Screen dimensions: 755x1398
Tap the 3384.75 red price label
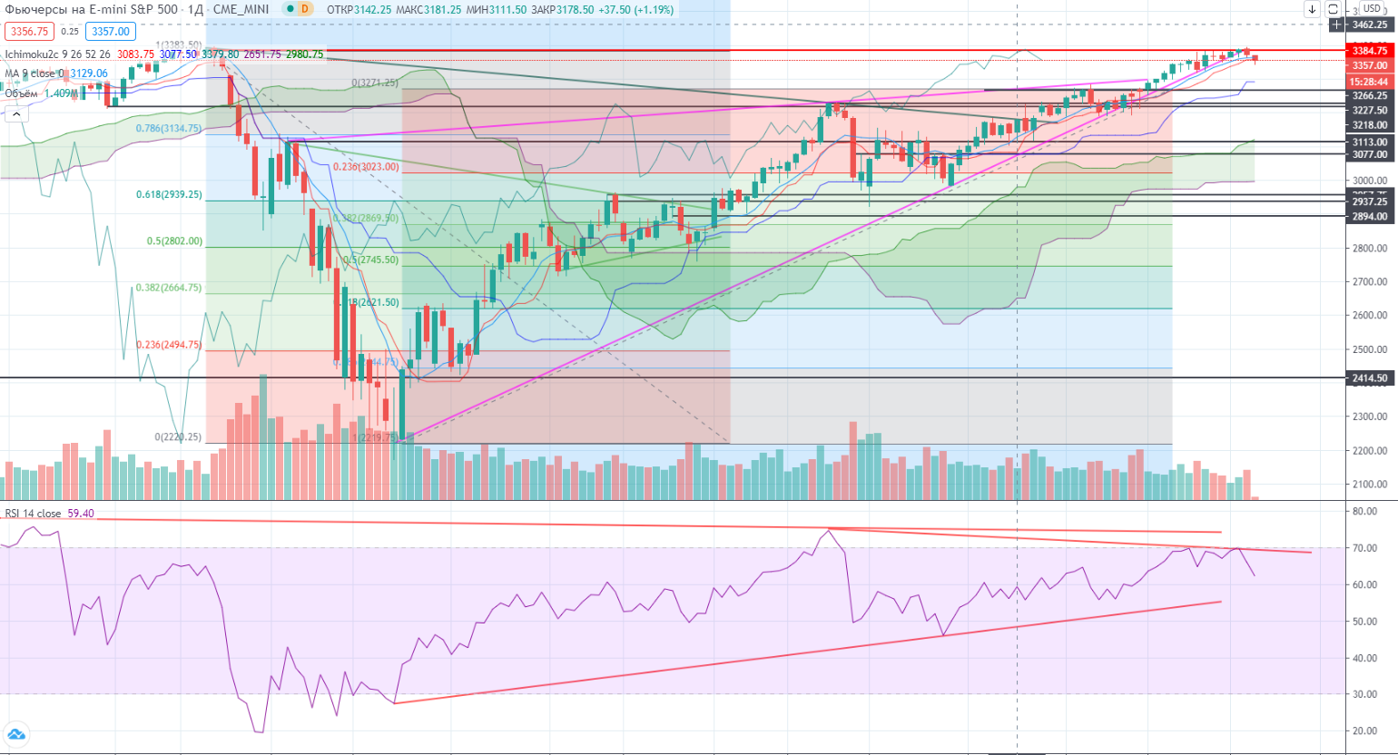pos(1369,52)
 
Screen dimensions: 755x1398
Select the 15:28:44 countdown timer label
pos(1369,81)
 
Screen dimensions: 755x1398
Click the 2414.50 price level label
pos(1369,378)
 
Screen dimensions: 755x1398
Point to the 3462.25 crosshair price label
pos(1369,25)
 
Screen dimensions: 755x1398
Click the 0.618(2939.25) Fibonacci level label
pos(169,194)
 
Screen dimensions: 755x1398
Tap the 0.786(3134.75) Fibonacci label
pos(169,129)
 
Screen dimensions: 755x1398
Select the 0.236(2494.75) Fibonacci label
pos(169,345)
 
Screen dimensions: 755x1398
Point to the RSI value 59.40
pos(80,514)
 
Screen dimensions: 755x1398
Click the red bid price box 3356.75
pos(30,31)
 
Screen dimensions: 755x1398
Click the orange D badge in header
pos(304,9)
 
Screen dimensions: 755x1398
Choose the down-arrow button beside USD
pos(1313,9)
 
